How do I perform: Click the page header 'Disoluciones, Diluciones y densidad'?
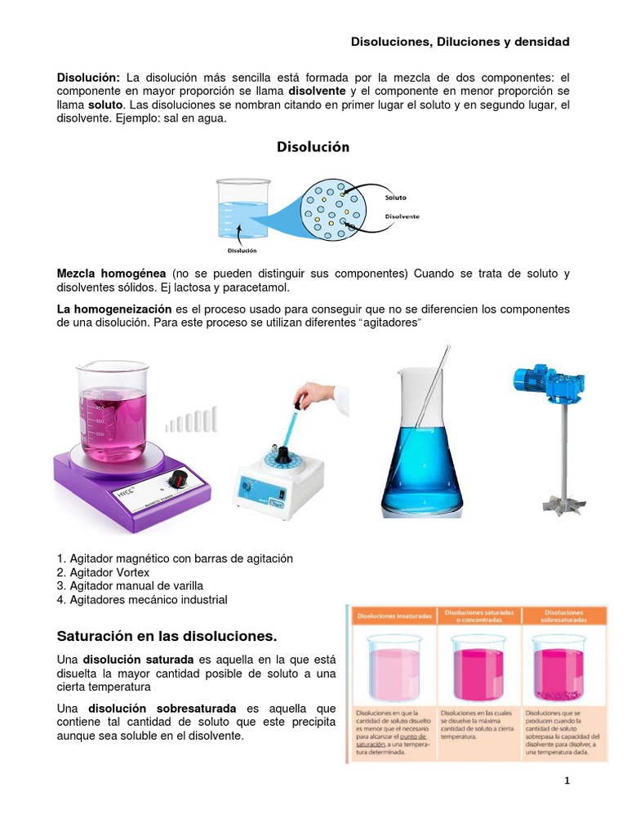point(460,41)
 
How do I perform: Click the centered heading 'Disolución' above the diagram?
point(313,147)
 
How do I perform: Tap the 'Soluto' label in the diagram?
point(395,197)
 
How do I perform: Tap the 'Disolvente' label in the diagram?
point(402,216)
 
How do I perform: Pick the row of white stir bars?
point(193,420)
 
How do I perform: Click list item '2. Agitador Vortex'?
point(104,572)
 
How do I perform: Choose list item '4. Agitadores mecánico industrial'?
point(142,599)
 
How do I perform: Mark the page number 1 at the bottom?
point(567,781)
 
